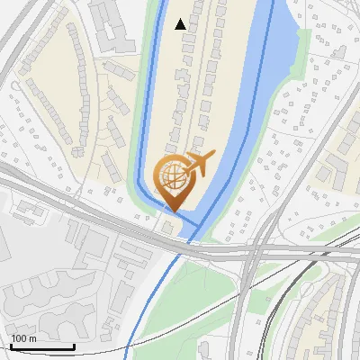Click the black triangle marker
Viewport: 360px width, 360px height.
(181, 24)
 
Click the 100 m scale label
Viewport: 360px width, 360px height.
(24, 337)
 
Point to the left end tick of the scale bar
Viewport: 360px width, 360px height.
(11, 346)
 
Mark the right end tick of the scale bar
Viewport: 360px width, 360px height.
(74, 346)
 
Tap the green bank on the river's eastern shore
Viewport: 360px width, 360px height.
(302, 54)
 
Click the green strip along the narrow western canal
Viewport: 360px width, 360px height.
(139, 135)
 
